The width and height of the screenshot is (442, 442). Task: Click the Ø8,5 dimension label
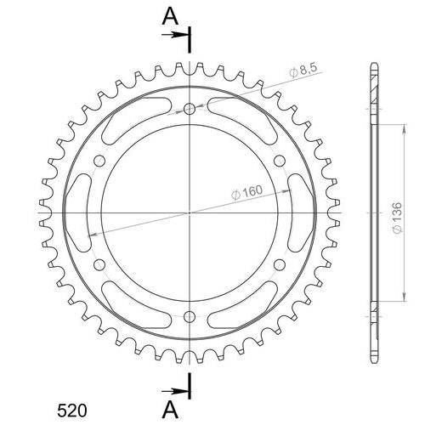pyautogui.click(x=303, y=70)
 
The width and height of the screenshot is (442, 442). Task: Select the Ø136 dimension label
pyautogui.click(x=397, y=218)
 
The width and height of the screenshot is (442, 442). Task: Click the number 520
pyautogui.click(x=72, y=411)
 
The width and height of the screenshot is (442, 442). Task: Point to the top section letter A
pyautogui.click(x=170, y=16)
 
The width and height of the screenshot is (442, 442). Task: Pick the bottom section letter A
pyautogui.click(x=170, y=410)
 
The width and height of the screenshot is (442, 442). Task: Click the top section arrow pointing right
pyautogui.click(x=175, y=35)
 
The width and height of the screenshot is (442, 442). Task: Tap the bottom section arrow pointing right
pyautogui.click(x=175, y=391)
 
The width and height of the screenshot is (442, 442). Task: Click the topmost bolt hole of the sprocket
pyautogui.click(x=190, y=109)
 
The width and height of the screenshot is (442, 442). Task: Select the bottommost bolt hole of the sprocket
pyautogui.click(x=190, y=317)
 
